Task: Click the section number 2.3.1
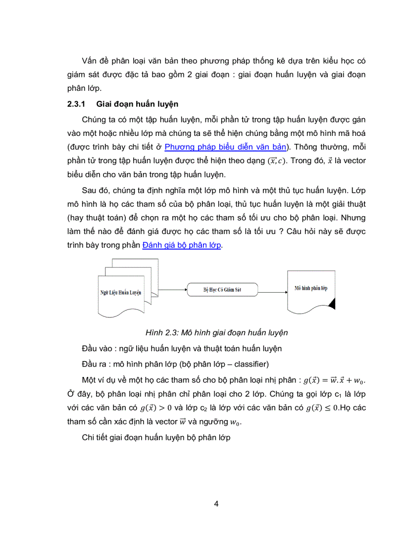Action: (76, 105)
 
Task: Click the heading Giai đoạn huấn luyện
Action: (137, 105)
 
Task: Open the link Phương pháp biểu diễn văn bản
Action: (226, 146)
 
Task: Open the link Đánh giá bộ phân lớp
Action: (182, 245)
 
